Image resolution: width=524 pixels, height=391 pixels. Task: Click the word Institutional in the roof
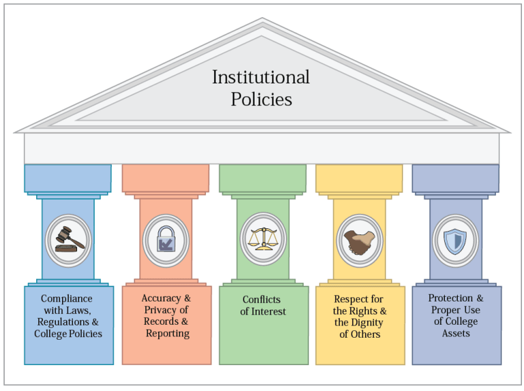pyautogui.click(x=261, y=77)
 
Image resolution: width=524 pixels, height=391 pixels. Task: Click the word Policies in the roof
pyautogui.click(x=261, y=99)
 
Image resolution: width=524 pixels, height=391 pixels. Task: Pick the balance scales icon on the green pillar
pyautogui.click(x=263, y=239)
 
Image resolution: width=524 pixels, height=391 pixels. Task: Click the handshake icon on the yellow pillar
pyautogui.click(x=359, y=239)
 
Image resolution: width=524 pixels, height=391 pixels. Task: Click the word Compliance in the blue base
pyautogui.click(x=67, y=299)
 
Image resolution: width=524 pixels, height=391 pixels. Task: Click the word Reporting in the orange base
pyautogui.click(x=167, y=334)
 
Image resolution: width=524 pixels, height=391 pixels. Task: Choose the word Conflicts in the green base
pyautogui.click(x=261, y=300)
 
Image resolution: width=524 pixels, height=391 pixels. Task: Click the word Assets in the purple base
pyautogui.click(x=456, y=334)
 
